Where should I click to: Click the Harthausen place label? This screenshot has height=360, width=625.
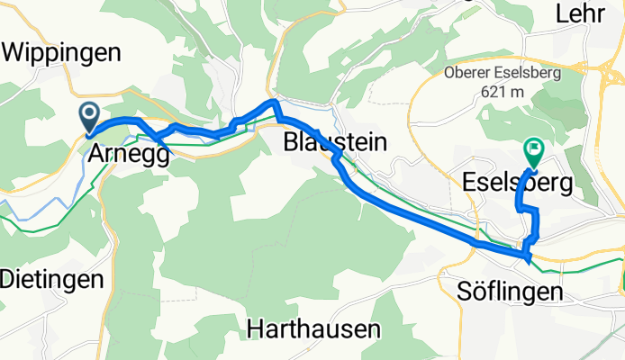[313, 329]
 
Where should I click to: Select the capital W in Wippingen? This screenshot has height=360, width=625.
[14, 53]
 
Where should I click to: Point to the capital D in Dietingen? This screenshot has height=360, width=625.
[7, 280]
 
